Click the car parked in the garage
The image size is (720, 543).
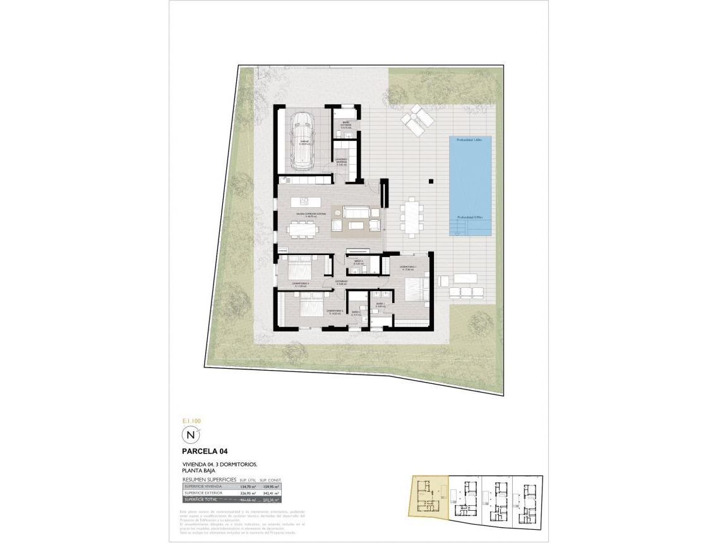[303, 141]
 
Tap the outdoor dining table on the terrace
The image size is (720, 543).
[414, 216]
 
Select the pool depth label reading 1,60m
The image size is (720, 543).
[469, 140]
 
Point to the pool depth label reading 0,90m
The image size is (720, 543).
[469, 217]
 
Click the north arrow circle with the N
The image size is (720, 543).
[190, 435]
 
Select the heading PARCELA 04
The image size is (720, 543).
[205, 451]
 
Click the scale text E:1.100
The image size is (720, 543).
[191, 421]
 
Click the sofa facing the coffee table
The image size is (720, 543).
[355, 212]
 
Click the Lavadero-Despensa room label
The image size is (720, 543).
[342, 162]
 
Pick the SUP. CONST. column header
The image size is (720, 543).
[271, 480]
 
